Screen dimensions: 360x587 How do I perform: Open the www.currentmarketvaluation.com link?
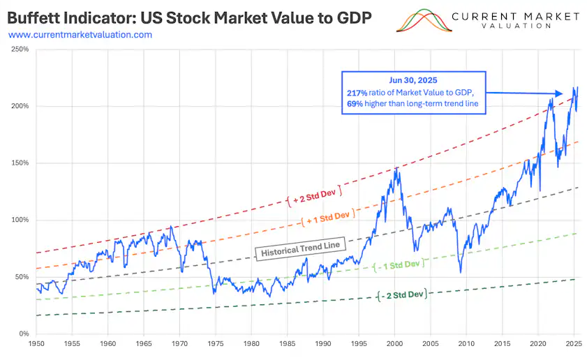coord(80,34)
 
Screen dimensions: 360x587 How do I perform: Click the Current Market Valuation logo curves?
coord(422,21)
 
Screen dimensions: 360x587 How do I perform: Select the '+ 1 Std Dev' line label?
coord(325,216)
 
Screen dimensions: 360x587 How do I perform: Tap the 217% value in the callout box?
coord(357,93)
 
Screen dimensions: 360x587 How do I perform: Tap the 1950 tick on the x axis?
coord(36,344)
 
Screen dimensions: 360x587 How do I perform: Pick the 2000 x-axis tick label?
coord(394,344)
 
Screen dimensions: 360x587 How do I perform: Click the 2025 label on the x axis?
coord(574,344)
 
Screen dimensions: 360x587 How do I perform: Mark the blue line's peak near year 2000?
coord(396,168)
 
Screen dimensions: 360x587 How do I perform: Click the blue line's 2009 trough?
coord(461,272)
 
